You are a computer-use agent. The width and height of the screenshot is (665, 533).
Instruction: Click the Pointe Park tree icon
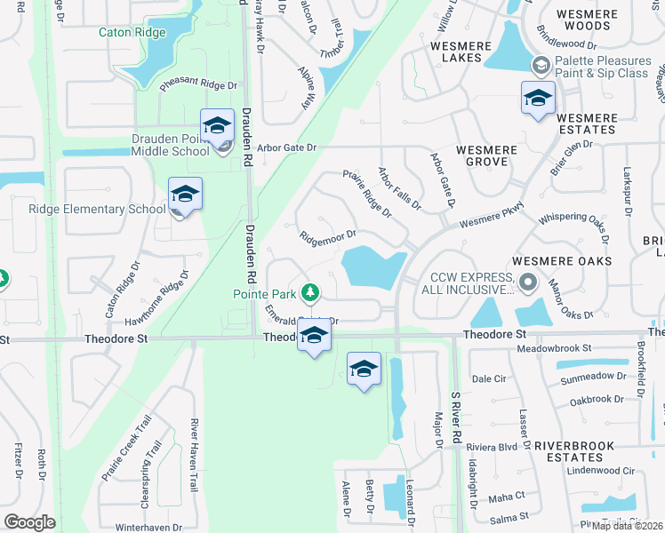pos(310,291)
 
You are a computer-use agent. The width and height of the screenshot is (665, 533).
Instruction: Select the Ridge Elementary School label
pos(97,210)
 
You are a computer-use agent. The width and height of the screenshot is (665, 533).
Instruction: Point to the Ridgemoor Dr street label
pos(327,236)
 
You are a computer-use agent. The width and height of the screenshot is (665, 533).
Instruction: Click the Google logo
pos(29,522)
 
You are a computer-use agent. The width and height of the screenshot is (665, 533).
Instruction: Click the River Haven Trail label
pos(193,456)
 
